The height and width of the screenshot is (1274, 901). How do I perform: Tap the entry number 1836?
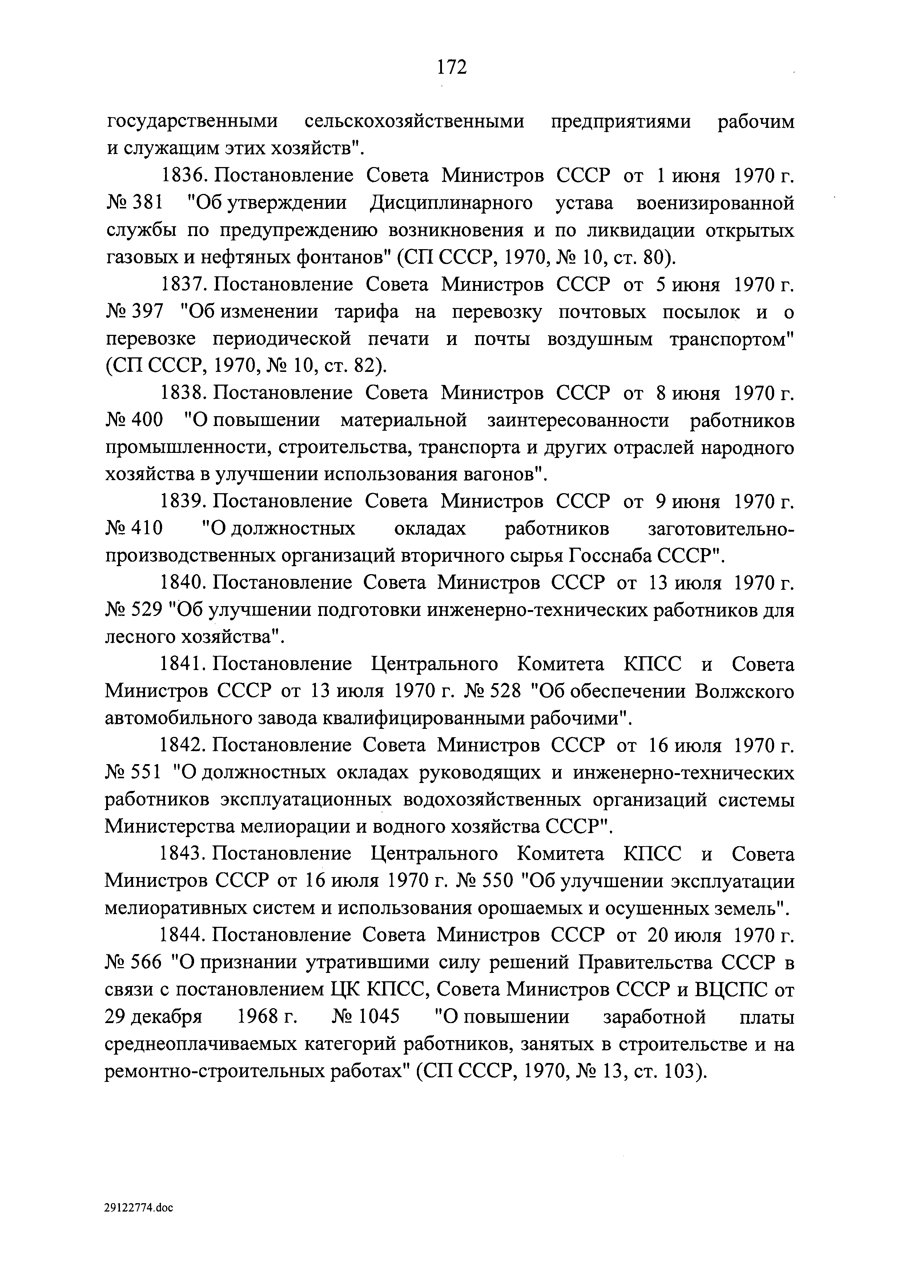coord(183,177)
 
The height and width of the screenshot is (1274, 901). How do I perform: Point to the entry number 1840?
coord(183,583)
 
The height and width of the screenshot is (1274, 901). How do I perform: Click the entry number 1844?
coord(183,936)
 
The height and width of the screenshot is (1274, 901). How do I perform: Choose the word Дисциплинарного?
coord(451,204)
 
